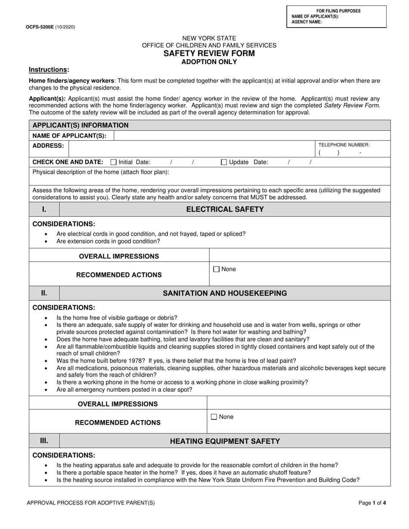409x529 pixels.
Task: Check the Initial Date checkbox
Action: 114,162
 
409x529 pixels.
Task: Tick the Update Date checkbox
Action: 224,162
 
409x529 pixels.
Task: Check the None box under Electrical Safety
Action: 217,269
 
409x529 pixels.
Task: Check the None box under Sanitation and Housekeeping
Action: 214,417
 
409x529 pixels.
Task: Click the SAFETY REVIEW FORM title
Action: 209,53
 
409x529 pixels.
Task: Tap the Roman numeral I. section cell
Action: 44,209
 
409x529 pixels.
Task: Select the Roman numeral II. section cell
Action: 44,293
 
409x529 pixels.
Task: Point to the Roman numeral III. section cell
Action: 44,440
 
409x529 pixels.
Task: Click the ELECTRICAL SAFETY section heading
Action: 225,209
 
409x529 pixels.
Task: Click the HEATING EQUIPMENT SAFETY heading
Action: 225,441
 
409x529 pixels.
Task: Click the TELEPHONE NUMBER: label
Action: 344,145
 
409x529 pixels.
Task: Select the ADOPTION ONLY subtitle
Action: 209,62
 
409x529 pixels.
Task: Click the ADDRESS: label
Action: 48,145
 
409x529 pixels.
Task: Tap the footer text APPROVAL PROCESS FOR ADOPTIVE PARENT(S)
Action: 91,502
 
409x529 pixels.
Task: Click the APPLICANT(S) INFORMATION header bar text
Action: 80,125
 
